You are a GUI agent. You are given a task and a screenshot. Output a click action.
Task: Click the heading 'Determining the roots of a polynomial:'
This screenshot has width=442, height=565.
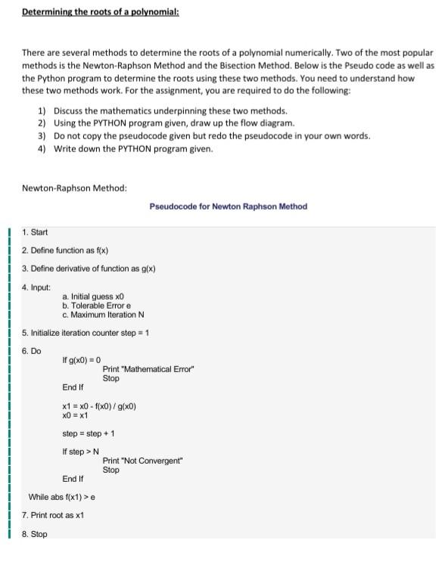[x=100, y=12]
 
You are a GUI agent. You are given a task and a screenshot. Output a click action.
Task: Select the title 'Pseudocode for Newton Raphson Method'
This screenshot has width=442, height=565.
[x=228, y=206]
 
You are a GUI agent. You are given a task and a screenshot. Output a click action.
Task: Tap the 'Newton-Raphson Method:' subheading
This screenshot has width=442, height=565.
[x=74, y=188]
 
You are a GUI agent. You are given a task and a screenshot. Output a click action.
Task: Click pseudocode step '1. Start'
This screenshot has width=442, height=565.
[x=35, y=231]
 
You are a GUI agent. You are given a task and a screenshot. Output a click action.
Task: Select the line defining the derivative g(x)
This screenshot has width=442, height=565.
[x=89, y=269]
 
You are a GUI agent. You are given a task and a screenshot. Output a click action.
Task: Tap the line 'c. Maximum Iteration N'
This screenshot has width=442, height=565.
[x=103, y=315]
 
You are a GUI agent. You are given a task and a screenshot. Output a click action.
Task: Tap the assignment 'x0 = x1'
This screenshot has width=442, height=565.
[x=75, y=415]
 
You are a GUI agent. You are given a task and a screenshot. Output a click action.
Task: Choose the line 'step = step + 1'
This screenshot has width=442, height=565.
[x=88, y=433]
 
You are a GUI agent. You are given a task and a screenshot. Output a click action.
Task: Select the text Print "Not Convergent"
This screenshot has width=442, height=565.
[x=143, y=461]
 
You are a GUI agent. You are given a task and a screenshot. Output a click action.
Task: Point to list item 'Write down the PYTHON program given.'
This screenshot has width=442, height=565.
[x=133, y=148]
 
